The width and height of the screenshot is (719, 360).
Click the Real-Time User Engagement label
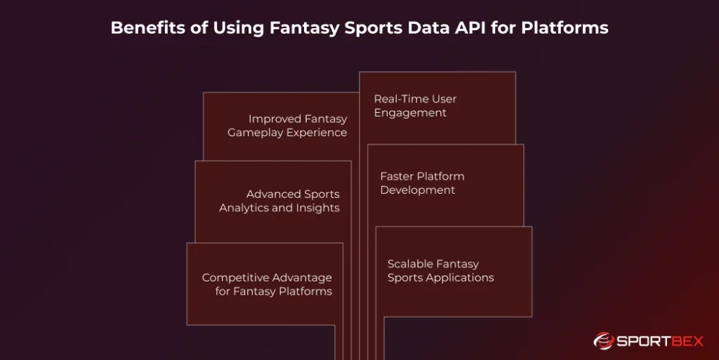pyautogui.click(x=415, y=106)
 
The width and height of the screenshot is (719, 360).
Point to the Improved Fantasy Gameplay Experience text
pyautogui.click(x=287, y=126)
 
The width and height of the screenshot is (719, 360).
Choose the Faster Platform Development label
pyautogui.click(x=422, y=183)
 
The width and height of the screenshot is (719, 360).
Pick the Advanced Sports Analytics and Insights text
pyautogui.click(x=279, y=201)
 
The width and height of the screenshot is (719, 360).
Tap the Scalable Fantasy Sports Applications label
pyautogui.click(x=440, y=271)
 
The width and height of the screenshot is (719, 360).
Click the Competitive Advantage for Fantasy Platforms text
pyautogui.click(x=267, y=284)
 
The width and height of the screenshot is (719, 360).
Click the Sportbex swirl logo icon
pyautogui.click(x=603, y=341)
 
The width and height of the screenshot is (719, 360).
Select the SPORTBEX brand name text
pyautogui.click(x=660, y=342)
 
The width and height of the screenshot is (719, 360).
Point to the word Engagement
pyautogui.click(x=410, y=113)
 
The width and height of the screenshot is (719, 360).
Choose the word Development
pyautogui.click(x=418, y=190)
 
